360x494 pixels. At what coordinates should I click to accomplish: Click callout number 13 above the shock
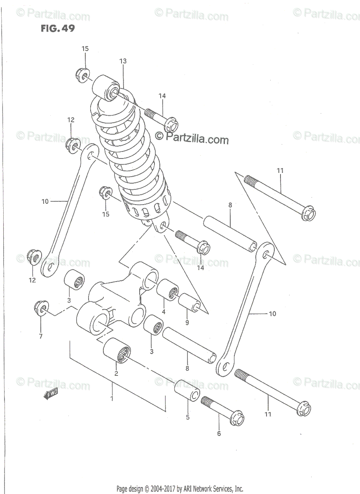point(123,61)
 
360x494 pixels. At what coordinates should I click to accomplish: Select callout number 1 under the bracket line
point(112,398)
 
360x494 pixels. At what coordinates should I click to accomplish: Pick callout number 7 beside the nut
point(41,336)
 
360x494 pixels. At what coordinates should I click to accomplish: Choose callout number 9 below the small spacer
point(187,323)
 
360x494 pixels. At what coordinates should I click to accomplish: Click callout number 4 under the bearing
point(164,312)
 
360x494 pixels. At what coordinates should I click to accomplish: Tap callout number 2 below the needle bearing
point(116,373)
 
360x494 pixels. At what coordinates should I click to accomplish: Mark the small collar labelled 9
point(190,303)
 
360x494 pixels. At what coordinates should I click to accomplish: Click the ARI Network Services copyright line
point(180,489)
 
